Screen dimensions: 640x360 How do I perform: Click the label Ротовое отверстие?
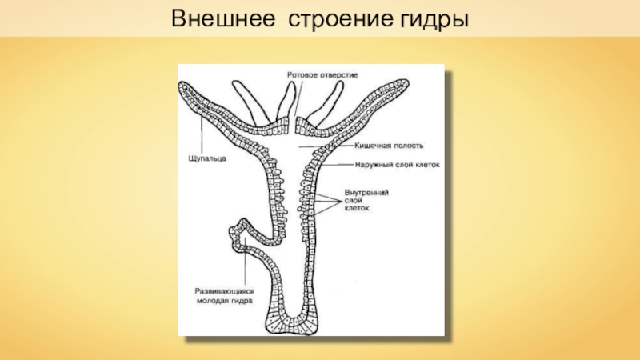[x=322, y=74]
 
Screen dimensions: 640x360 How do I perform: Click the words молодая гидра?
[x=226, y=302]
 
